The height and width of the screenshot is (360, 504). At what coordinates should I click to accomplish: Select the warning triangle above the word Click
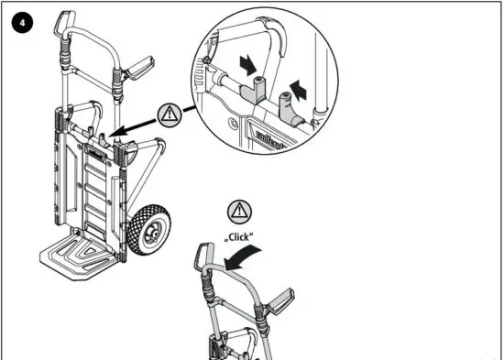[x=236, y=209]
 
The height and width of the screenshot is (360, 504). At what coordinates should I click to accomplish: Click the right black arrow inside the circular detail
[x=298, y=90]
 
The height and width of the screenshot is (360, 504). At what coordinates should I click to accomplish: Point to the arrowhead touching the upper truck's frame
[x=108, y=135]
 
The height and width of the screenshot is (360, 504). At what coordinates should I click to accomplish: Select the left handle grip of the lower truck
[x=203, y=259]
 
